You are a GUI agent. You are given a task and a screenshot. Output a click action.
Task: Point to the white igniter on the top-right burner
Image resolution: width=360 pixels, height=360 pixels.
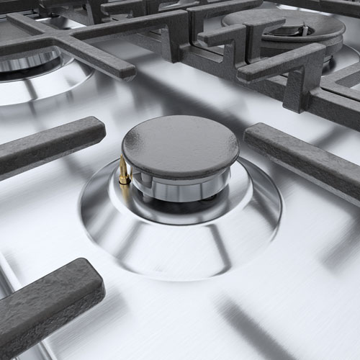[x=303, y=30]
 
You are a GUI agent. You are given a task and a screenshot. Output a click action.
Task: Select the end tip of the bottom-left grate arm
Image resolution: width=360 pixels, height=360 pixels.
[x=94, y=277]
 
